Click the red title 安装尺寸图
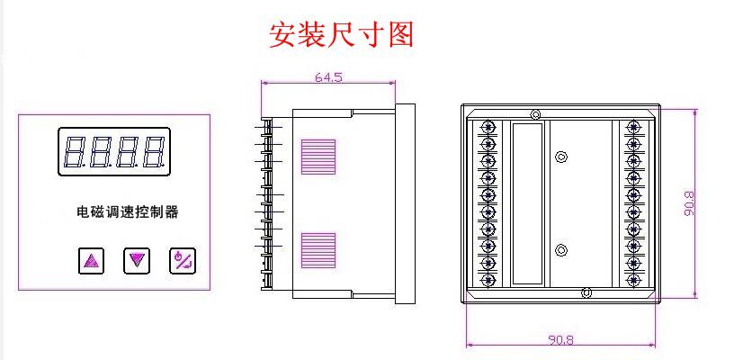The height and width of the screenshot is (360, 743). [x=342, y=35]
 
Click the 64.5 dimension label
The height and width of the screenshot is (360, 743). [x=328, y=77]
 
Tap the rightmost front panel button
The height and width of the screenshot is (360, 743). [x=182, y=261]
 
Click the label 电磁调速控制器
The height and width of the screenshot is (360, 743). [x=127, y=213]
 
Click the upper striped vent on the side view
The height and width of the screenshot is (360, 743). [x=318, y=157]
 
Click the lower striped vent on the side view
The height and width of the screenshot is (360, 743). [x=318, y=250]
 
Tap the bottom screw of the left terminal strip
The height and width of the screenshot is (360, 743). [x=488, y=279]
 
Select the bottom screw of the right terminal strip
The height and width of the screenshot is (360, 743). [x=634, y=279]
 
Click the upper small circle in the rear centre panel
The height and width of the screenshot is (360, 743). [x=561, y=157]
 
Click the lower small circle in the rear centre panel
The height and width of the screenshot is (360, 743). [x=561, y=249]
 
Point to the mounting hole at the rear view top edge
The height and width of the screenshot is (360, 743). [x=536, y=113]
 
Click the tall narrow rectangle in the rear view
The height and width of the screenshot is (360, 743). [x=528, y=204]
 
